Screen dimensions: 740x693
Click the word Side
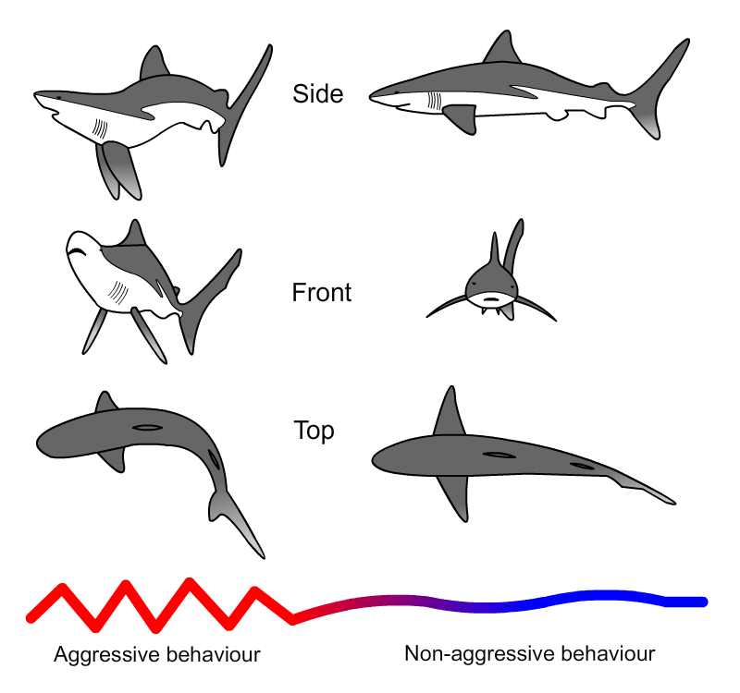[317, 93]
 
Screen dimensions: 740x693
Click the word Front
[321, 292]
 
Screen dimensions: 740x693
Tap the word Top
[314, 431]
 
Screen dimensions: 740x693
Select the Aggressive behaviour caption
[156, 654]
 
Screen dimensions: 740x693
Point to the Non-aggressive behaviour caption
[529, 654]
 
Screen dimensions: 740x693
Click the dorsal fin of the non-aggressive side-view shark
[503, 50]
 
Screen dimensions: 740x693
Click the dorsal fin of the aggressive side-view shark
[154, 63]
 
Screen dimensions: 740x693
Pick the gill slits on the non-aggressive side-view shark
[435, 101]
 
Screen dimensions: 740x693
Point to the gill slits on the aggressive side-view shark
[100, 128]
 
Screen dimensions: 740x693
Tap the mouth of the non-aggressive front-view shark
[491, 298]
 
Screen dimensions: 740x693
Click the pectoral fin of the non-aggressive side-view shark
[462, 118]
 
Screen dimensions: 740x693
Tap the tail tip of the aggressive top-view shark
[264, 557]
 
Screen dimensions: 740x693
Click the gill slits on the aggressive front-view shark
[118, 292]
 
